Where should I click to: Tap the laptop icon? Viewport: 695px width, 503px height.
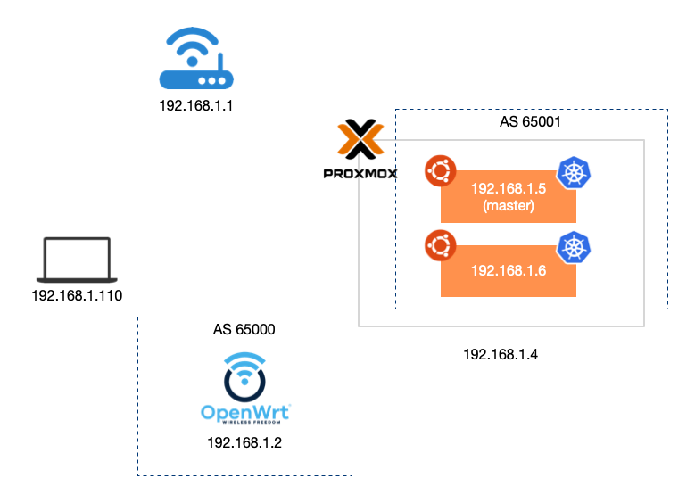click(77, 260)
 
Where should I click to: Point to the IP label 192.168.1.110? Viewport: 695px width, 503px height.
click(77, 295)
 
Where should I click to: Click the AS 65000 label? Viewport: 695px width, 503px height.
click(244, 329)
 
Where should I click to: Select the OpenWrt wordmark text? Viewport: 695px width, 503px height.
click(245, 413)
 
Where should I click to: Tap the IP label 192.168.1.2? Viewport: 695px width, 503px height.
click(245, 442)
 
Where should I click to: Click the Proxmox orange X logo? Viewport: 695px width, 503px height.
click(360, 140)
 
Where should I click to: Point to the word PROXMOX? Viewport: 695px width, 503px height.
click(360, 173)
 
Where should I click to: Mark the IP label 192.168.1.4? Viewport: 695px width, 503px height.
click(501, 354)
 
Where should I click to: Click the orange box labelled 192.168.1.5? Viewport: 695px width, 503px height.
click(508, 196)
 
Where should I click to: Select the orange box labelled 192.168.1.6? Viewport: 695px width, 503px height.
click(508, 271)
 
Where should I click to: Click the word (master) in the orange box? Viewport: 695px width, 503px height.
click(508, 206)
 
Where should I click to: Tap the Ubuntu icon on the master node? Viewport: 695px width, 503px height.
click(440, 170)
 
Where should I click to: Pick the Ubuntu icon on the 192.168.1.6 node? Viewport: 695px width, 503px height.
click(440, 244)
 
